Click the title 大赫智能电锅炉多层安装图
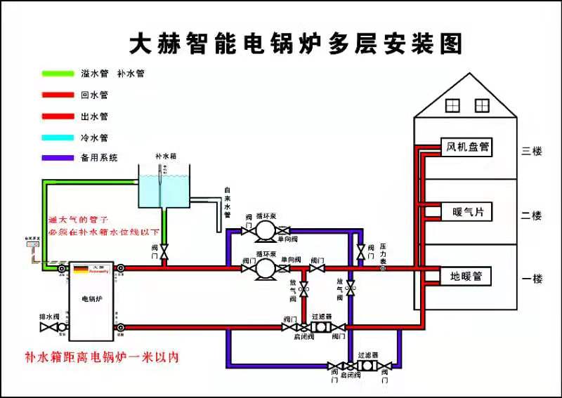coord(296,44)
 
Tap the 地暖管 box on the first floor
coord(466,277)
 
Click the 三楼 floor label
coord(532,150)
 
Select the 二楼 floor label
coord(532,215)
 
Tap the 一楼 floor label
coord(532,279)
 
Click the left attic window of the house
coord(452,105)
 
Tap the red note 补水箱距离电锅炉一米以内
coord(102,357)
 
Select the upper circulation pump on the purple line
coord(264,230)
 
